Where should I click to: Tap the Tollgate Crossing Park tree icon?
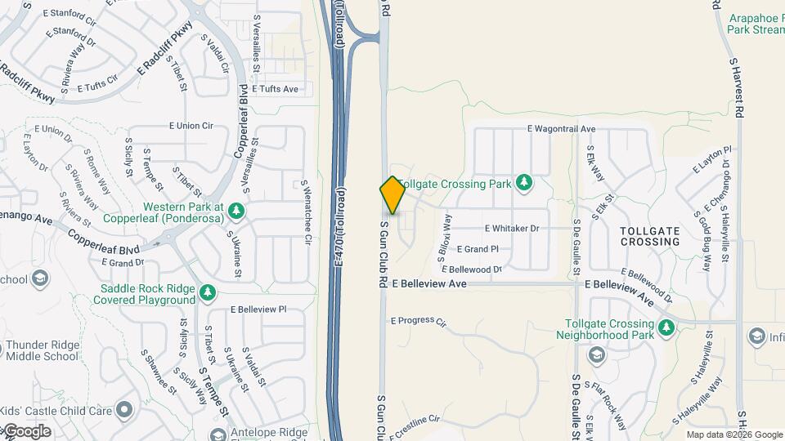pos(523,183)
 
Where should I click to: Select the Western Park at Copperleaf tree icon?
pos(237,211)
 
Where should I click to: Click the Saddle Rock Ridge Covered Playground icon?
pos(208,292)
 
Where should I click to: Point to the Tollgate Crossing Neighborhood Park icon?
pos(667,328)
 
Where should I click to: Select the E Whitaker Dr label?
pos(511,229)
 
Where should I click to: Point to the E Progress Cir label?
pos(418,322)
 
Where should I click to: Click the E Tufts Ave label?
pos(276,88)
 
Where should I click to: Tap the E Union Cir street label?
pos(191,126)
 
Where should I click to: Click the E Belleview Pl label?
pos(258,310)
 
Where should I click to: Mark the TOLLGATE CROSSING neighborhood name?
pos(649,237)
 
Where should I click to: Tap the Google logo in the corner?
pos(26,431)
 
